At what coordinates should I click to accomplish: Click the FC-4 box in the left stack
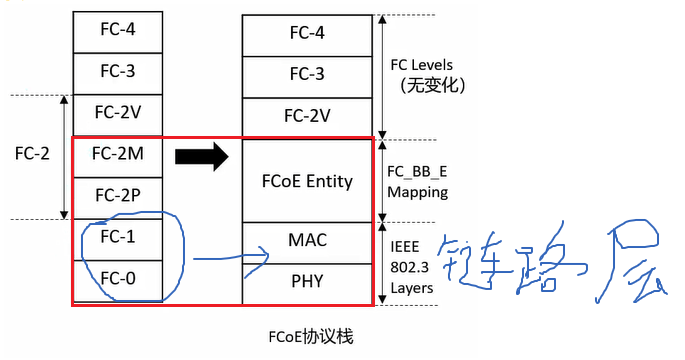118,30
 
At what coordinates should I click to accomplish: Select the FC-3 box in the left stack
118,71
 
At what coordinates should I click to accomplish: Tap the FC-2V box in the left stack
118,112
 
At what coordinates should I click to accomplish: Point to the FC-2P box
118,194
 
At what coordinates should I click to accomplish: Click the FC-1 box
118,238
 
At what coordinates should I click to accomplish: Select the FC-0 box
118,279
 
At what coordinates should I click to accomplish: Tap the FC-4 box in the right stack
306,34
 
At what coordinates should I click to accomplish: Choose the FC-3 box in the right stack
306,75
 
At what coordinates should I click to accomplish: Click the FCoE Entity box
306,181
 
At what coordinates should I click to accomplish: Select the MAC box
306,241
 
